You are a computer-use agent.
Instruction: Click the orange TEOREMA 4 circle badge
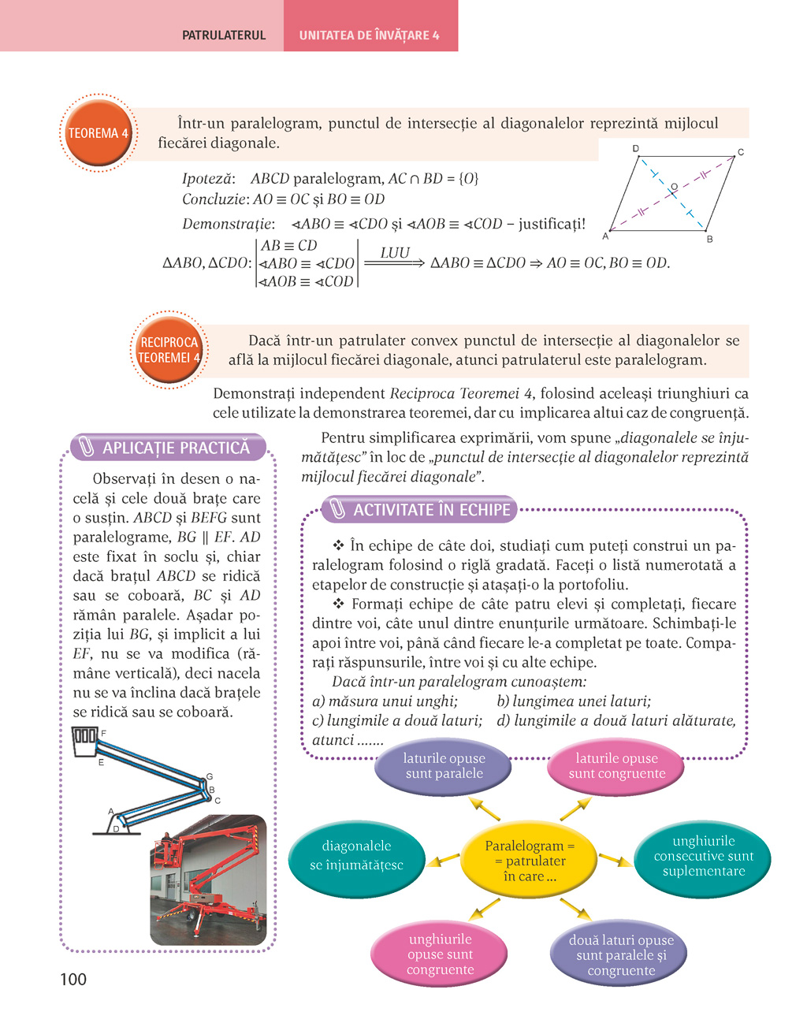(x=98, y=133)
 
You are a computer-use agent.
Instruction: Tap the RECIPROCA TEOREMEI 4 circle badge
(x=169, y=350)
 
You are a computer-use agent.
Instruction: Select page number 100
(x=73, y=979)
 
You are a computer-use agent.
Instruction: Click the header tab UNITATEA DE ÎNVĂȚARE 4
(x=370, y=35)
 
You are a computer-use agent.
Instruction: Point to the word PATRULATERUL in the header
(x=224, y=35)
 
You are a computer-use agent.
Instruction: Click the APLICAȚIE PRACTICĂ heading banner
(x=168, y=448)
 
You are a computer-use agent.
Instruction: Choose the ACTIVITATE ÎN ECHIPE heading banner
(x=420, y=510)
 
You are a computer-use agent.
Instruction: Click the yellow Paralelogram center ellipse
(x=530, y=861)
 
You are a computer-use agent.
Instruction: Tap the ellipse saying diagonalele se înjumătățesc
(x=356, y=856)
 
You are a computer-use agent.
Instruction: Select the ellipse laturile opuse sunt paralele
(x=444, y=766)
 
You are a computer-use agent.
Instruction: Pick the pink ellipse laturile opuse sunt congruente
(x=616, y=766)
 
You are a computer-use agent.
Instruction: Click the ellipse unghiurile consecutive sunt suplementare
(x=703, y=857)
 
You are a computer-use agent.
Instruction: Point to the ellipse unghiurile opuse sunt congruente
(x=440, y=954)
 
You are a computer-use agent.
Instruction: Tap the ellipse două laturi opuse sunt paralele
(x=620, y=955)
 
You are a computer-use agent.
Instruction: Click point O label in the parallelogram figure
(x=673, y=187)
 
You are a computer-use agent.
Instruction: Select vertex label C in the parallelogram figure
(x=740, y=152)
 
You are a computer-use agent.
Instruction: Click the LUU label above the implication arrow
(x=395, y=252)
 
